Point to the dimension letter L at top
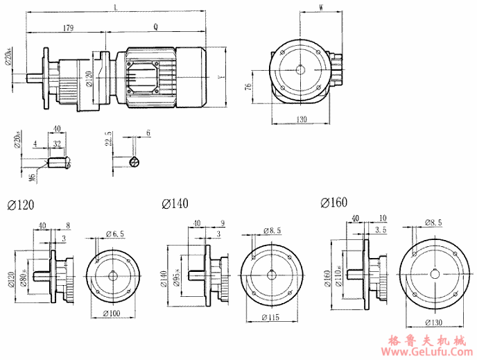click(114, 7)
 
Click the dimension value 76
click(248, 87)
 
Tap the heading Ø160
click(334, 202)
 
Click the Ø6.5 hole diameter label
click(114, 233)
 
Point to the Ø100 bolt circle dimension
click(113, 314)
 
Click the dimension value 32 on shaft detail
click(55, 144)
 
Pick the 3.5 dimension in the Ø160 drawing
click(381, 228)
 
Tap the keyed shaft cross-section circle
click(135, 162)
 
